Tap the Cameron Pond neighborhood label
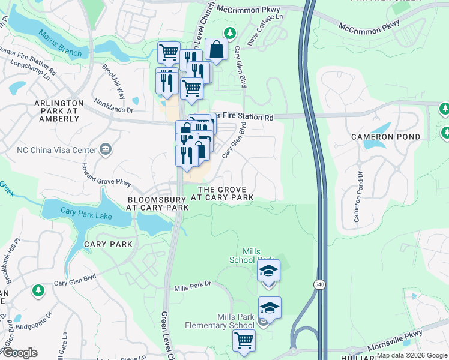click(x=386, y=137)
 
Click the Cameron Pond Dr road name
click(x=359, y=197)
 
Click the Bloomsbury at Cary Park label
click(x=157, y=203)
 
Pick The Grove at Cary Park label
click(x=222, y=193)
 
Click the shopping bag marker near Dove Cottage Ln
click(x=215, y=50)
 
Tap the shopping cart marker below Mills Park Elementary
click(x=244, y=340)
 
